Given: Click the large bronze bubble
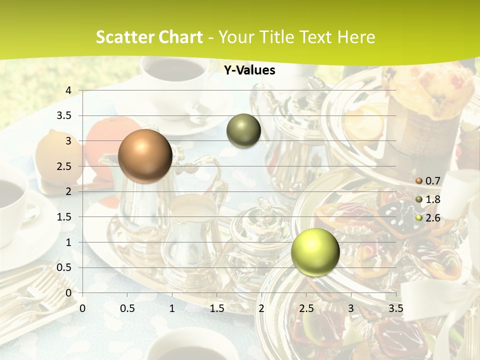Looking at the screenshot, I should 145,156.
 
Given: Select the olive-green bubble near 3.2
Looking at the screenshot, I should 243,131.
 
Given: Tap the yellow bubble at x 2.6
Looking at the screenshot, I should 315,252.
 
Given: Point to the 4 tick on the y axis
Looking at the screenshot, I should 68,90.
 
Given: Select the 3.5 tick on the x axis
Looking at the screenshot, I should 395,308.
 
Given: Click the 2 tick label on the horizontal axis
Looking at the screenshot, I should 261,308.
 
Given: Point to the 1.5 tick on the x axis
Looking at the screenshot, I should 216,308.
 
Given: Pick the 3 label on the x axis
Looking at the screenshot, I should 351,308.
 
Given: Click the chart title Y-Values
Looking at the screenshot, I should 249,70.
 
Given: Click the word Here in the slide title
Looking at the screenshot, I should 356,37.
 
